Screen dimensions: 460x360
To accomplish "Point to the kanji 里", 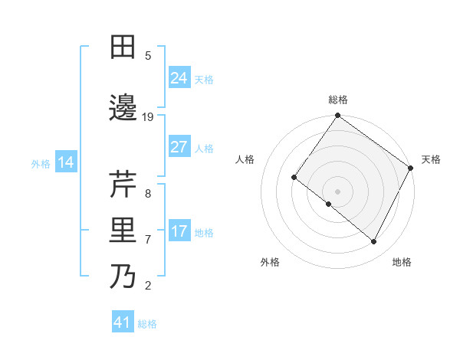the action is (x=123, y=231).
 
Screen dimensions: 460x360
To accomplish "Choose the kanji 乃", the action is (x=123, y=277).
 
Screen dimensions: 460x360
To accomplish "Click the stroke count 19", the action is (x=148, y=117).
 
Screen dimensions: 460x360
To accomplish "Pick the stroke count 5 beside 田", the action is (x=148, y=56).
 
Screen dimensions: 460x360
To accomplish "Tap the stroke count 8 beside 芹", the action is (x=148, y=194).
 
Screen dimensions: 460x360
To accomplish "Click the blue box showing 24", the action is (x=179, y=77).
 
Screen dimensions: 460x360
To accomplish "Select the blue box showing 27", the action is (x=179, y=147).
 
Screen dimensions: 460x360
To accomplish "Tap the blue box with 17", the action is (x=179, y=231).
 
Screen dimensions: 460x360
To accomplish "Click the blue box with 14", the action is (x=65, y=162).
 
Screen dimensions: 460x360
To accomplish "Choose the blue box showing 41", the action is (x=123, y=322).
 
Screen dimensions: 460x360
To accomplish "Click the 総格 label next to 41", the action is (x=147, y=324).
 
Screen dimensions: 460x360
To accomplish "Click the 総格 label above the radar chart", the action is (x=337, y=100).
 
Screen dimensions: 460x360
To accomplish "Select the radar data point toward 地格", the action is (x=374, y=242).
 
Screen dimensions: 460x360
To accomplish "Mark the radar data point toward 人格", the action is (x=294, y=178).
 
